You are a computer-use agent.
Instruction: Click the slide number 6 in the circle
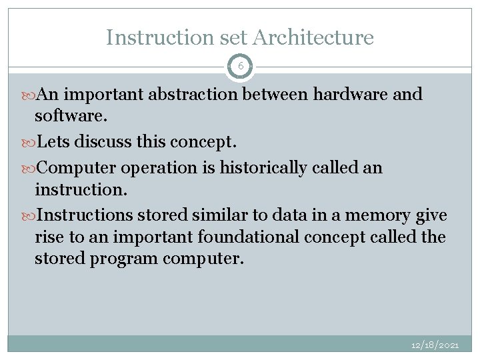click(x=240, y=67)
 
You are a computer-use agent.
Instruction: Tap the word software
click(x=70, y=116)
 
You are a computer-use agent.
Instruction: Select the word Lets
click(x=54, y=142)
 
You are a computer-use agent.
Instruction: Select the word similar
click(x=215, y=215)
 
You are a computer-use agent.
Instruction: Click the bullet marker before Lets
click(x=31, y=142)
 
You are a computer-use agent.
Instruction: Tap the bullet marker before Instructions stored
click(x=31, y=215)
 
